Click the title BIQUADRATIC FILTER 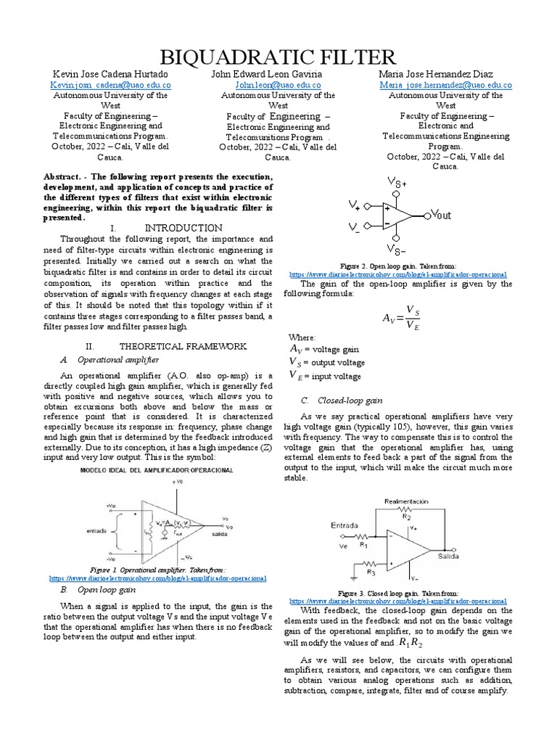pos(278,57)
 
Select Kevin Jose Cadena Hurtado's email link pos(110,85)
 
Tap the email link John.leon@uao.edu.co pos(278,85)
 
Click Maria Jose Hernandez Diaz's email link pos(445,85)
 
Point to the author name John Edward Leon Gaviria pos(278,74)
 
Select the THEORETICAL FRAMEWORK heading pos(183,346)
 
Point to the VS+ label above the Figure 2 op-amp pos(397,184)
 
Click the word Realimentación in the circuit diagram pos(410,501)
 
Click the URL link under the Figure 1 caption pos(158,578)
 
